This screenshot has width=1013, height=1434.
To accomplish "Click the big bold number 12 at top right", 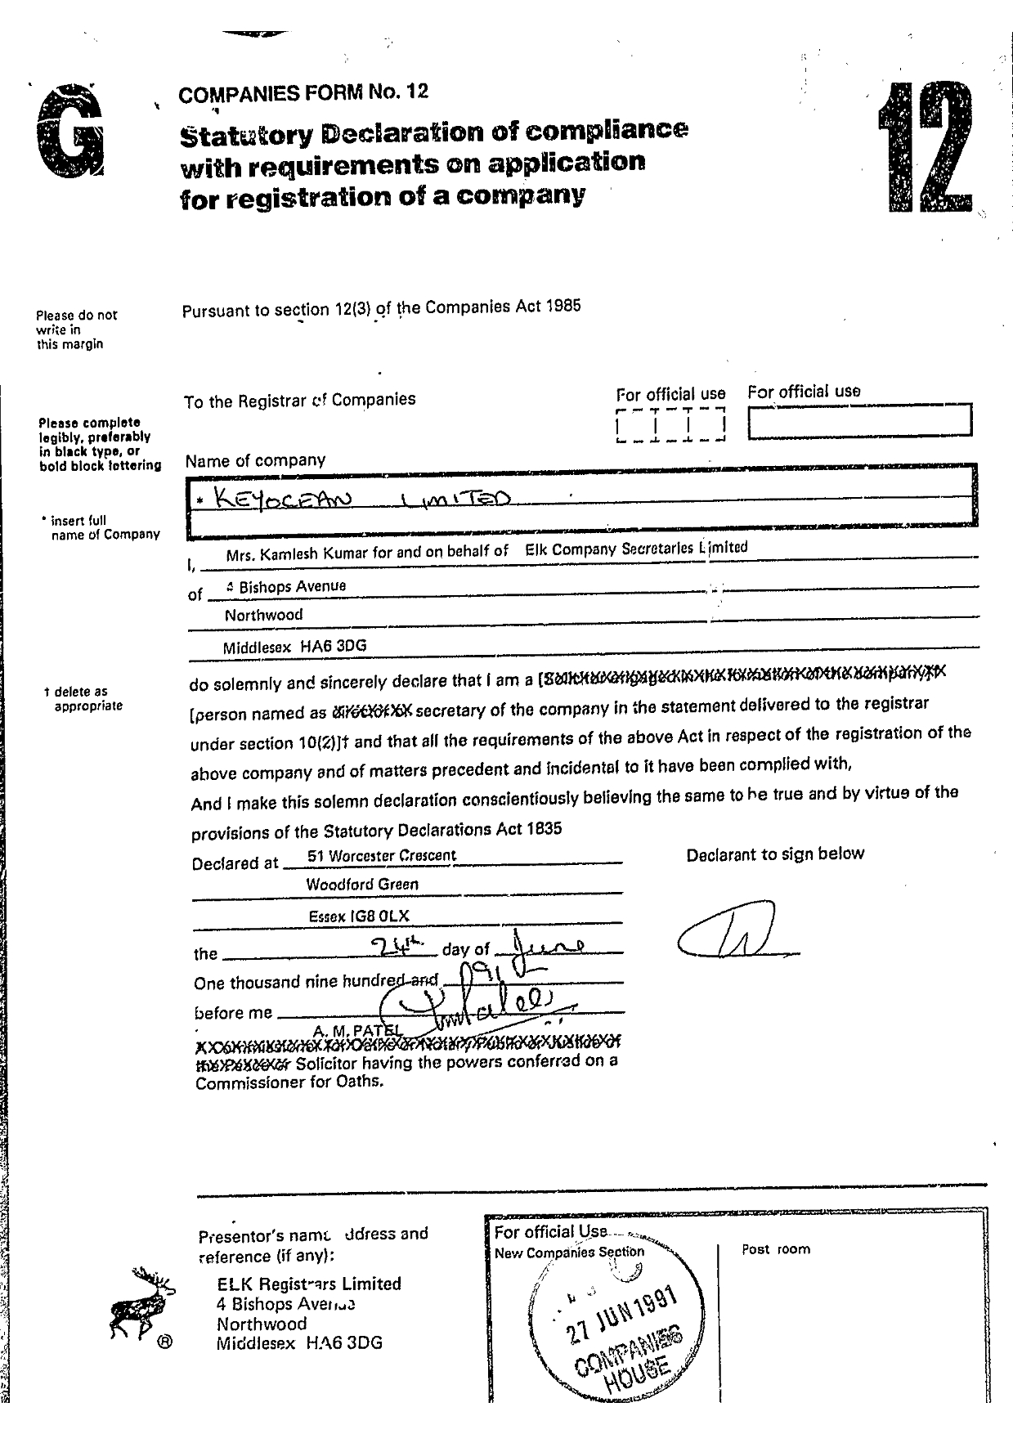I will (x=926, y=148).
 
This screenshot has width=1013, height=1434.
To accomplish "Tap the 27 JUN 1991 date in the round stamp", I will (x=623, y=1315).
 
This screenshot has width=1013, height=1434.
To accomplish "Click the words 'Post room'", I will (x=776, y=1249).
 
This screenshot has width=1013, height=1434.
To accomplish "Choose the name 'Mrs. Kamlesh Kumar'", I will (x=297, y=553).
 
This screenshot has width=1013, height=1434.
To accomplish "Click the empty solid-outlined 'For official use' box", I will (x=859, y=421).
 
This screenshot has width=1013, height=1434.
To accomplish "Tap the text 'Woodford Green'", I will (x=361, y=885).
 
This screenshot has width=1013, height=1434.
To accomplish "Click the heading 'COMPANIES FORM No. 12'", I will (x=303, y=92).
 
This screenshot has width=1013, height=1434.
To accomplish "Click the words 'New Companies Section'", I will (x=569, y=1253).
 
